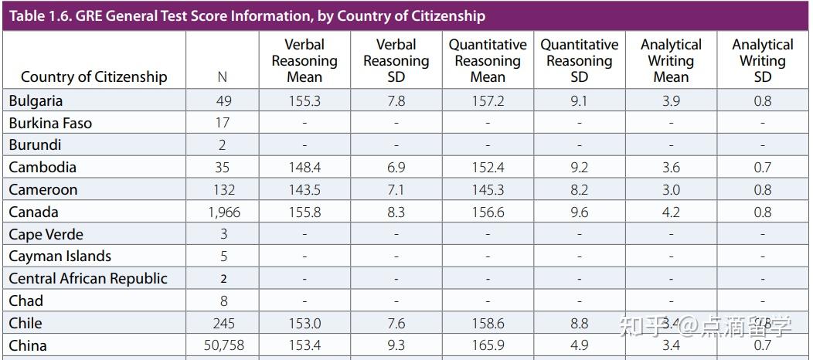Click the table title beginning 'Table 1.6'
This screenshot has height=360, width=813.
click(247, 15)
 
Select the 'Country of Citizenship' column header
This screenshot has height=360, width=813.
click(94, 76)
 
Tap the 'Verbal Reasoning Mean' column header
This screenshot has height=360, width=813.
click(304, 60)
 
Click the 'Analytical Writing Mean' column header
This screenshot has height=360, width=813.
click(671, 60)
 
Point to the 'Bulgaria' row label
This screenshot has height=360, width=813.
click(36, 100)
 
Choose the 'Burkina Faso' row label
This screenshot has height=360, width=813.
click(50, 123)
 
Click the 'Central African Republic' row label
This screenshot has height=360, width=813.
click(88, 278)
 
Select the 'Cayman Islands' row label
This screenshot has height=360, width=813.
click(60, 256)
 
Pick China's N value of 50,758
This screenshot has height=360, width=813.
click(223, 345)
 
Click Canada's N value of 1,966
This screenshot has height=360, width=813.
click(223, 212)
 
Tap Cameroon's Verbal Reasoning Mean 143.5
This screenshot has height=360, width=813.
click(304, 189)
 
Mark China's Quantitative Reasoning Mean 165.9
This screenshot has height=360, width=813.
click(488, 345)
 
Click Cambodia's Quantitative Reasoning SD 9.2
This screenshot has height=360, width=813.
click(579, 167)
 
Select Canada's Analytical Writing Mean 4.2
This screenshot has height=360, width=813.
click(671, 212)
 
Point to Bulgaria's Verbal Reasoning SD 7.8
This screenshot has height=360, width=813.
click(396, 100)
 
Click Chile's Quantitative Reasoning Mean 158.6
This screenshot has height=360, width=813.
click(488, 323)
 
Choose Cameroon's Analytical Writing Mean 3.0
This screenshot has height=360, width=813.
click(671, 189)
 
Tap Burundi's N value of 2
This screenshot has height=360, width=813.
click(223, 144)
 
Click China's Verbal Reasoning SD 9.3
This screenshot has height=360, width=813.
click(396, 345)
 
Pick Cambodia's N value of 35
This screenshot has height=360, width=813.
click(223, 167)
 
